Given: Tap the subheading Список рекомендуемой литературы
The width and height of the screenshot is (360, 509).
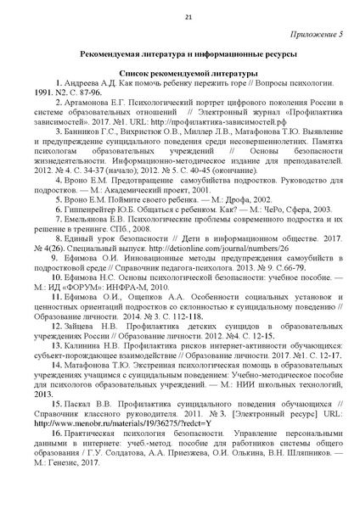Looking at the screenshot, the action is pos(179,73).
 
